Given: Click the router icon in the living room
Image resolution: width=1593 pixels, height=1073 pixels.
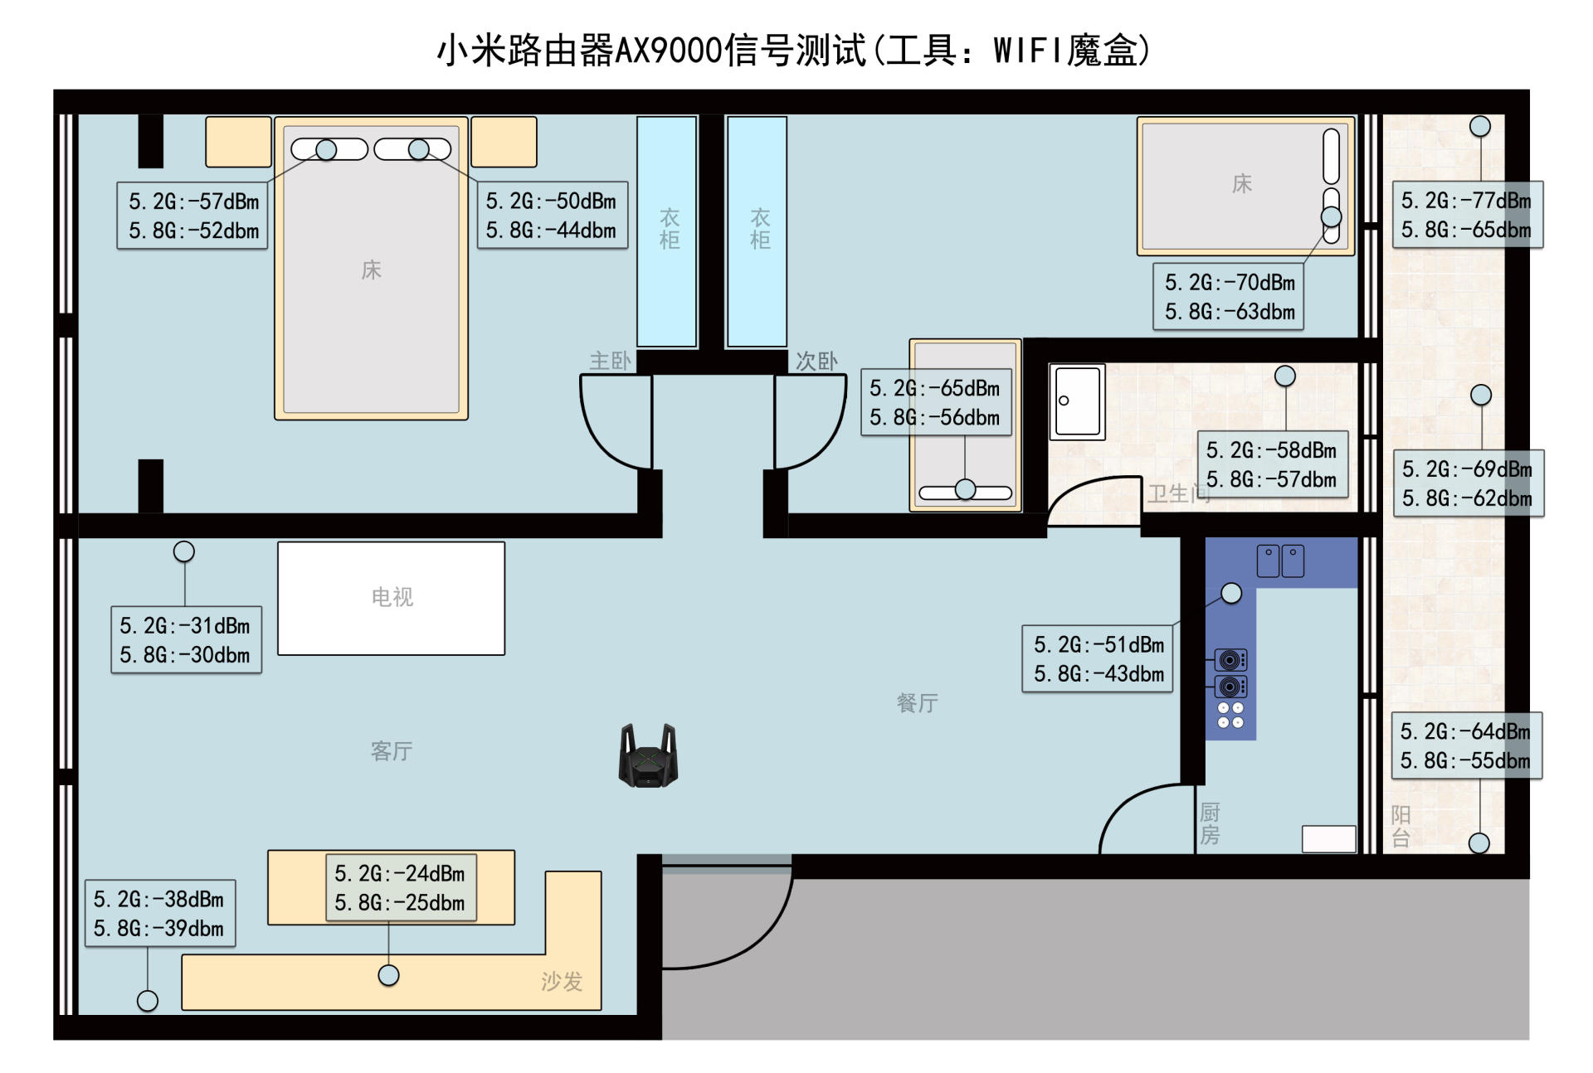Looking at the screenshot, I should (x=648, y=755).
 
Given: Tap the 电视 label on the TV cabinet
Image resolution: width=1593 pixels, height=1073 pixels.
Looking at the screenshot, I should (x=392, y=597).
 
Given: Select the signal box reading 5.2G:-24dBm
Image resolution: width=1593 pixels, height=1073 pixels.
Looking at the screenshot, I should (x=401, y=888).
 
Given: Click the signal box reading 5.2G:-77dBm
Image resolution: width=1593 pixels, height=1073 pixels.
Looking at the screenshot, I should (x=1467, y=215).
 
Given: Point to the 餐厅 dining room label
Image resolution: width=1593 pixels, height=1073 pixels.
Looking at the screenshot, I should (x=917, y=703).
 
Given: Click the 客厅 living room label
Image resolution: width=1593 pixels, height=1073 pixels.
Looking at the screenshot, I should (x=391, y=751).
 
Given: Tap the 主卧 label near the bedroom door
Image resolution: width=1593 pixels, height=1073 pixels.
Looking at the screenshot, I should (x=610, y=361).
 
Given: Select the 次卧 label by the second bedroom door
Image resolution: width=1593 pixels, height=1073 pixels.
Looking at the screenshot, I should (x=816, y=361).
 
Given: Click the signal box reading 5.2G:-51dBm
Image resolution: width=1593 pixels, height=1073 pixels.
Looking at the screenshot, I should (x=1098, y=659).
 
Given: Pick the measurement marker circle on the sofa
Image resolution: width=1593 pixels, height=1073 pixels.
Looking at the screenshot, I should (x=388, y=976).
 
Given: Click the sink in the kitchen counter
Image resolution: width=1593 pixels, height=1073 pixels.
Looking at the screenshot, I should (x=1280, y=561).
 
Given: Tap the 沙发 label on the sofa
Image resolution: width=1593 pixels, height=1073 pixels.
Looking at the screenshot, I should (x=562, y=982).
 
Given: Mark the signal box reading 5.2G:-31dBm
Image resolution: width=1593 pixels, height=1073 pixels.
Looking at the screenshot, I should (x=186, y=640).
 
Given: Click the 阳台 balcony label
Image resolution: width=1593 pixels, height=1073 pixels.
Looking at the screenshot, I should (x=1401, y=826).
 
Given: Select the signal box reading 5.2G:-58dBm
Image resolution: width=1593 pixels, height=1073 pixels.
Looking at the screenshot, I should (x=1272, y=464).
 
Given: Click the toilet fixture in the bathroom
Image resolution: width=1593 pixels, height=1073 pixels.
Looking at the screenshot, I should (x=1077, y=401).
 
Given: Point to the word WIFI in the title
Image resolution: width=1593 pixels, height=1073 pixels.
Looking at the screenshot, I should (x=1025, y=51).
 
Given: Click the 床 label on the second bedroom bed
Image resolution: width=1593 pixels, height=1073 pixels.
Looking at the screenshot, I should (x=1241, y=183).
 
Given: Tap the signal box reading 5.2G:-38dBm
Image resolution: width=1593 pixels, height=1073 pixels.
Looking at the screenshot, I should (x=159, y=914).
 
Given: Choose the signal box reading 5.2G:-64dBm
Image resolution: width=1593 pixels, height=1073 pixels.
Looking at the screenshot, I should (x=1465, y=745).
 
